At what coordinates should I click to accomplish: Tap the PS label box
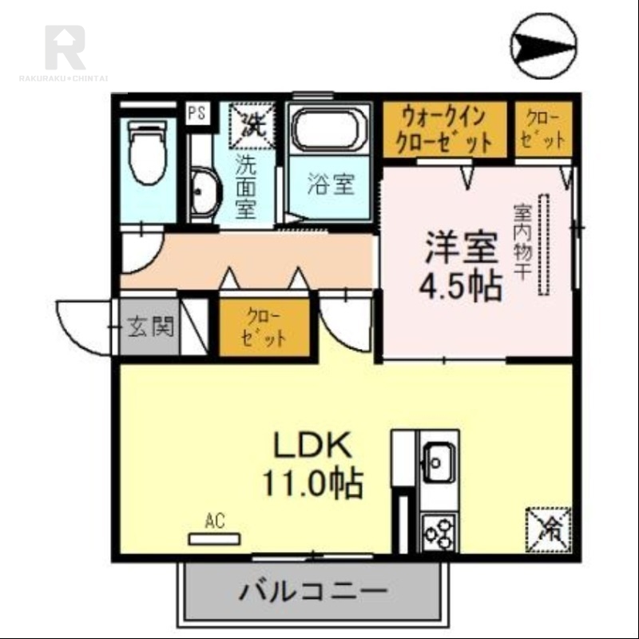point(196,113)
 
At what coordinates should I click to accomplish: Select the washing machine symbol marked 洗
point(253,125)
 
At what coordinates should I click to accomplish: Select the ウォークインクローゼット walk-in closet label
point(444,130)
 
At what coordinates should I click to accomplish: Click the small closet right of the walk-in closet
point(543,130)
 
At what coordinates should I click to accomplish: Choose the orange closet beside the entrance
point(264,327)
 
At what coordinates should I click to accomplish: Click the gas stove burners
point(439,530)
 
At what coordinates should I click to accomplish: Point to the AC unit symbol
point(214,538)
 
